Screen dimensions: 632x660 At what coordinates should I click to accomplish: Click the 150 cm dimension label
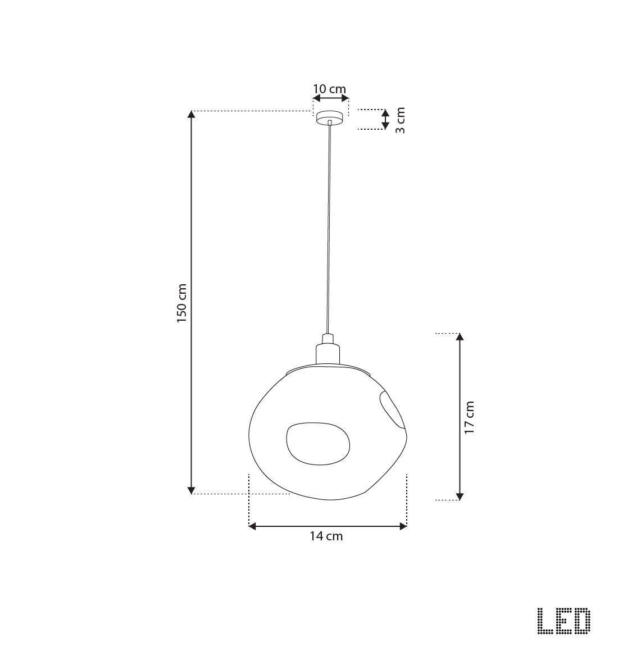pos(181,303)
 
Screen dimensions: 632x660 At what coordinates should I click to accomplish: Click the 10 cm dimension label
pos(329,89)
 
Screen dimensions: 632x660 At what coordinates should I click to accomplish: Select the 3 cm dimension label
pos(401,120)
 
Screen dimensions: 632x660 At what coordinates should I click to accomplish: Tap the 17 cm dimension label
pos(469,417)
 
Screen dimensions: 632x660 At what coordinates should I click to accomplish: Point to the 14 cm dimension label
pos(326,536)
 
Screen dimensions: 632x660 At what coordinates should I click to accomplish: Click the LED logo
pos(564,621)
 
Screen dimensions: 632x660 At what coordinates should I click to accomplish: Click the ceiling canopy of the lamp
pos(330,117)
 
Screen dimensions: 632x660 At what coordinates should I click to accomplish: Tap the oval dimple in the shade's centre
pos(318,444)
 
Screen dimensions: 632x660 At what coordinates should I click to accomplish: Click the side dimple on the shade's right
pos(391,408)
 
